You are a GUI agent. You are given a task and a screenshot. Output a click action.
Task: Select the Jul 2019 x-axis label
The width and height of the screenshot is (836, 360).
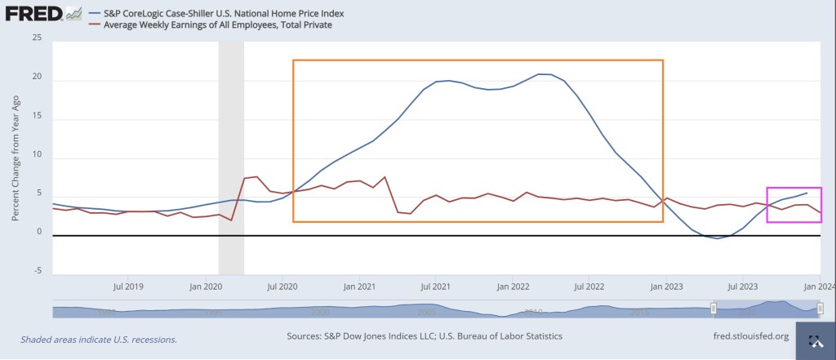(128, 287)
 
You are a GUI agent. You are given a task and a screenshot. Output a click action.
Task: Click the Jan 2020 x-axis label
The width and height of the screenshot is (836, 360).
(206, 287)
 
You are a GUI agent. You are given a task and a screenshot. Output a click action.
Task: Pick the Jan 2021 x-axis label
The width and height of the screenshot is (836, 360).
(359, 287)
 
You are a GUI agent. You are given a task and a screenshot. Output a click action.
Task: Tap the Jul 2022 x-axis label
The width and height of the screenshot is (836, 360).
(589, 287)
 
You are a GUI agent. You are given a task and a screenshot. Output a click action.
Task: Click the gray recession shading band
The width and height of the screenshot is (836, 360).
(231, 155)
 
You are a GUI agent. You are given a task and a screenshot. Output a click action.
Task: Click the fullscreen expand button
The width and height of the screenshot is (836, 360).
(814, 340)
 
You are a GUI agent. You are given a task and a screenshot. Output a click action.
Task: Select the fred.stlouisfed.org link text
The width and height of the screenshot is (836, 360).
(750, 336)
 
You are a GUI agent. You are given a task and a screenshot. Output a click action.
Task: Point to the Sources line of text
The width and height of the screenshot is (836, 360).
(425, 336)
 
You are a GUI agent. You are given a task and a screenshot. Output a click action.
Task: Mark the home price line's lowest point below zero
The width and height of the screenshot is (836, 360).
(717, 238)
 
